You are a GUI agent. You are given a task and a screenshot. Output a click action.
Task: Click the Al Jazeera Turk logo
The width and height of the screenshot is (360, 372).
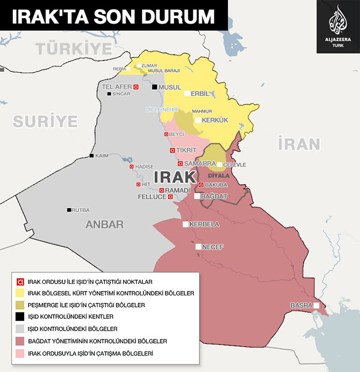(337, 26)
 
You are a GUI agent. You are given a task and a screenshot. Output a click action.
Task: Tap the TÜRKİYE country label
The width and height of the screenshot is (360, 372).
(73, 48)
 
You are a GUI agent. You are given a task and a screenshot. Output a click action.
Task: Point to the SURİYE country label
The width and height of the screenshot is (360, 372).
(45, 121)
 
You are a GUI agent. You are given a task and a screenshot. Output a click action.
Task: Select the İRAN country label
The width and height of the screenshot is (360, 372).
(299, 144)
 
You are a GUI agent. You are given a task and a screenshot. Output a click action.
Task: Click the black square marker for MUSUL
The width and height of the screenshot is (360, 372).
(155, 87)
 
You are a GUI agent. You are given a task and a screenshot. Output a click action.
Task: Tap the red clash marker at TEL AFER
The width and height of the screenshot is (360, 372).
(136, 87)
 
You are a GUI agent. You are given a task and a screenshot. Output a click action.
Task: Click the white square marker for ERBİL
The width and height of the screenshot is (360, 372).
(187, 93)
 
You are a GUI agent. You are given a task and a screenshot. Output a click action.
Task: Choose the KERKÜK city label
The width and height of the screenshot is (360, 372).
(214, 120)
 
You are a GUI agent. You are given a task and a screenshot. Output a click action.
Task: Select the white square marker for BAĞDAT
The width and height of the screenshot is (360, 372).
(197, 196)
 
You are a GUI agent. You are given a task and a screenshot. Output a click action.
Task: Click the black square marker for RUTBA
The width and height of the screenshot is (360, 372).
(69, 210)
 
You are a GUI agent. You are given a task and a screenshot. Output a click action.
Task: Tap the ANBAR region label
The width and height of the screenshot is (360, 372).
(105, 225)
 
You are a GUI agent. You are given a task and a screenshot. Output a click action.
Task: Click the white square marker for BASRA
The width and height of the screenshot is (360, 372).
(317, 305)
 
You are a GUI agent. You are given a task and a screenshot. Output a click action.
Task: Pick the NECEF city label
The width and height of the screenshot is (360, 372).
(213, 247)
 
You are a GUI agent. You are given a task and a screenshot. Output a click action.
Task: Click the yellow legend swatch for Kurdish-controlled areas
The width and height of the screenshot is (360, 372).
(20, 293)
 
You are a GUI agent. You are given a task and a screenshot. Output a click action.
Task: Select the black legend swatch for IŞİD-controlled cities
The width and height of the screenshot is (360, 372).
(20, 316)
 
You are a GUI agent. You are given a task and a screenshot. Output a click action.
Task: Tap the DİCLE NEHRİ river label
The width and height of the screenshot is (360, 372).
(162, 110)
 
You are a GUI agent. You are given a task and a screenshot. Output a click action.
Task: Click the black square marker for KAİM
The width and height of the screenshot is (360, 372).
(91, 156)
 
